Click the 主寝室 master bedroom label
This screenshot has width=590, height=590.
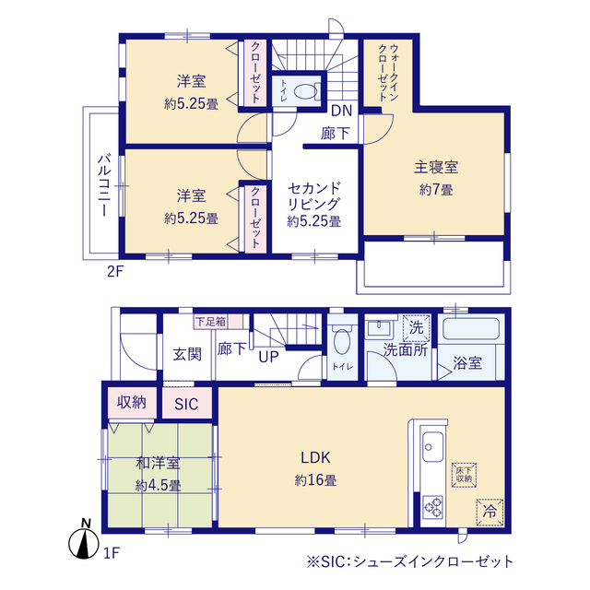pos(436,168)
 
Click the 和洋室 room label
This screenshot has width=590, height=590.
pos(159,465)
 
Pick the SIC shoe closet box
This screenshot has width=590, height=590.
pos(187,403)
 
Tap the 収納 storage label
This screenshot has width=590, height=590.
pos(131,402)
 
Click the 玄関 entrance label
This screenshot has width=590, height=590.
pos(187,355)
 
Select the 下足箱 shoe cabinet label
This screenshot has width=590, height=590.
pos(208,322)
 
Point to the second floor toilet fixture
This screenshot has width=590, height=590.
pos(308,91)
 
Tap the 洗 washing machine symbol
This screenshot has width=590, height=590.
pos(416,327)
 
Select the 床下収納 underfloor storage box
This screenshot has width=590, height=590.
pos(463,474)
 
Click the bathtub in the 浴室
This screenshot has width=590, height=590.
pos(470,329)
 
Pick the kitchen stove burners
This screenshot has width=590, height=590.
pos(433,507)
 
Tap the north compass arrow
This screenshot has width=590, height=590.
pos(85,542)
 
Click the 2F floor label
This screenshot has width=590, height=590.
pos(113,272)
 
